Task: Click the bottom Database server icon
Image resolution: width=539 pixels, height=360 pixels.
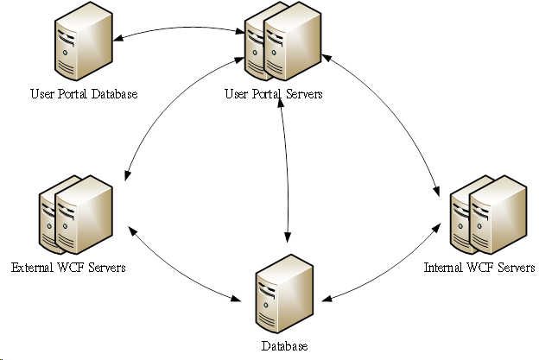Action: pyautogui.click(x=284, y=294)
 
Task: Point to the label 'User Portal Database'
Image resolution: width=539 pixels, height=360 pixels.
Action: pyautogui.click(x=84, y=94)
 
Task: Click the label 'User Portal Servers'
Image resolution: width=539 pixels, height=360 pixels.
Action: pyautogui.click(x=273, y=94)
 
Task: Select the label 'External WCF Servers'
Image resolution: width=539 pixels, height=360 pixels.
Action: pyautogui.click(x=69, y=268)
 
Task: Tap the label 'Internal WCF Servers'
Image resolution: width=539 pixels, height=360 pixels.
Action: pyautogui.click(x=479, y=268)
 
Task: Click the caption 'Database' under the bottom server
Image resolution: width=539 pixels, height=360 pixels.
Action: pyautogui.click(x=284, y=346)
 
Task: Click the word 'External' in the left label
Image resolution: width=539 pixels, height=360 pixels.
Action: pyautogui.click(x=31, y=268)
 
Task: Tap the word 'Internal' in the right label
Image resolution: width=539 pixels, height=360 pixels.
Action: pyautogui.click(x=443, y=268)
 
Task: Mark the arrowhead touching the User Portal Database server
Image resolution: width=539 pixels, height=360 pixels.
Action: pyautogui.click(x=121, y=38)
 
